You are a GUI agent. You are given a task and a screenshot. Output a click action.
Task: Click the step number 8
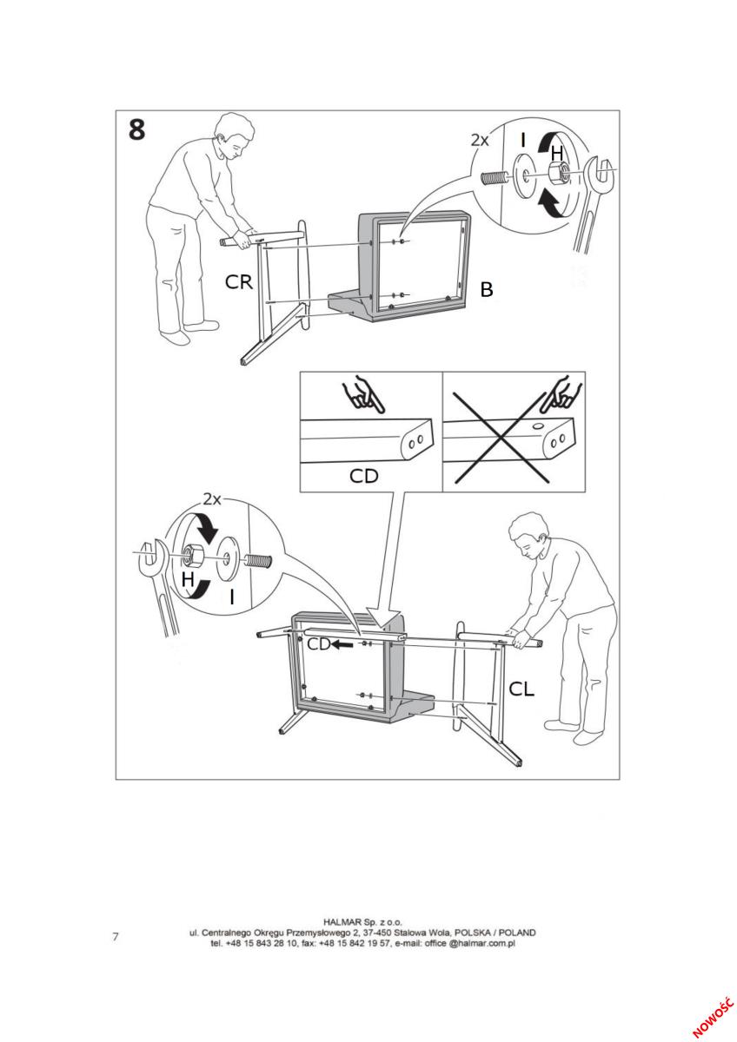coord(136,129)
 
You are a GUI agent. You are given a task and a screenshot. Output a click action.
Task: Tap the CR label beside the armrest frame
coord(239,282)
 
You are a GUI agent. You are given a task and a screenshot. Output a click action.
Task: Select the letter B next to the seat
coord(486,289)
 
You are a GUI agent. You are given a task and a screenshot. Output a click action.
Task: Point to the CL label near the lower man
coord(521,689)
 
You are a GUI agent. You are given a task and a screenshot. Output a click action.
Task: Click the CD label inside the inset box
coord(363,476)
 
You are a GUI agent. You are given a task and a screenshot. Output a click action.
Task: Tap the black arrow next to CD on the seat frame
coord(342,644)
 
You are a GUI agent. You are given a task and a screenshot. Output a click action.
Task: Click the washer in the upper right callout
coord(525,175)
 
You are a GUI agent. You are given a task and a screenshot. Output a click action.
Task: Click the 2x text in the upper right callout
coord(480,140)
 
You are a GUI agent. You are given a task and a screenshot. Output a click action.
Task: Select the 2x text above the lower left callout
coord(212,499)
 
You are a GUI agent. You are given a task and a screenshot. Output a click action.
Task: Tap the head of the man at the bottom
coord(528,535)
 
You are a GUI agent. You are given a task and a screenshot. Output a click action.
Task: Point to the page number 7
coord(116,936)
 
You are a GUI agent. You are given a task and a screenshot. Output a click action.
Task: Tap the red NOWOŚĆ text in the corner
coord(713,1016)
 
